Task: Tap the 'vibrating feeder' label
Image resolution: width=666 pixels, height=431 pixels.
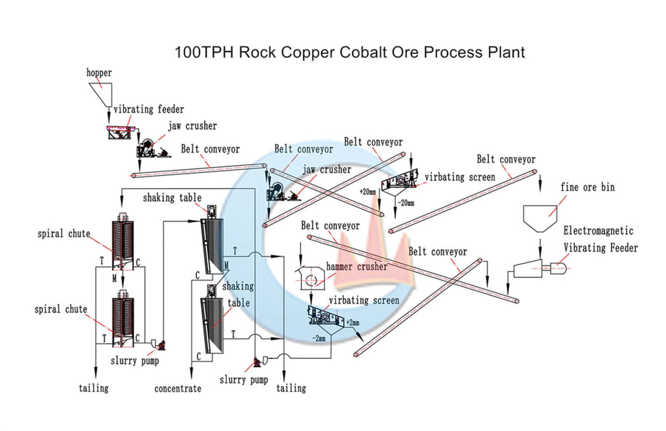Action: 148,109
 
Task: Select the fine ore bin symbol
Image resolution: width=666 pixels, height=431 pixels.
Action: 540,217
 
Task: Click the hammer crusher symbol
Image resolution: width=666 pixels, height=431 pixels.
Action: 310,279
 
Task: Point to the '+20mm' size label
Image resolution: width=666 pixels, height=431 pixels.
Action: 368,191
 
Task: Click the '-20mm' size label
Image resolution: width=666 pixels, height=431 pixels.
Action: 406,203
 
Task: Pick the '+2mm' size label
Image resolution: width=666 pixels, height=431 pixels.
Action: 353,322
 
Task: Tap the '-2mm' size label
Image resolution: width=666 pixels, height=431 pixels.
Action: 319,338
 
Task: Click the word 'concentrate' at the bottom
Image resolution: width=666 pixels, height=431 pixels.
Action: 178,389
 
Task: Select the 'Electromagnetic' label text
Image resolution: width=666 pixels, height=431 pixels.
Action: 598,231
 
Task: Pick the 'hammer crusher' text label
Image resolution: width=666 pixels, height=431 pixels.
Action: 356,266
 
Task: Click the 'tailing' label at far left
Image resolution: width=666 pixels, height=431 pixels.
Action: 94,388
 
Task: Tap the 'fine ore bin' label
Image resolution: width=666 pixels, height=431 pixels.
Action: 587,187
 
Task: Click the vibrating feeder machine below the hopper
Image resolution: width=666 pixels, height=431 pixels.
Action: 120,132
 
